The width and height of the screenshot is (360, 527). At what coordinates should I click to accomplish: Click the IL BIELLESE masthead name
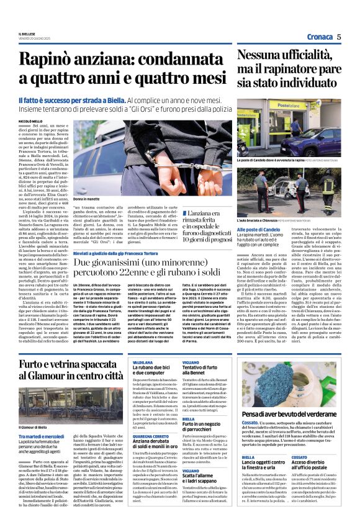(x=28, y=34)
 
